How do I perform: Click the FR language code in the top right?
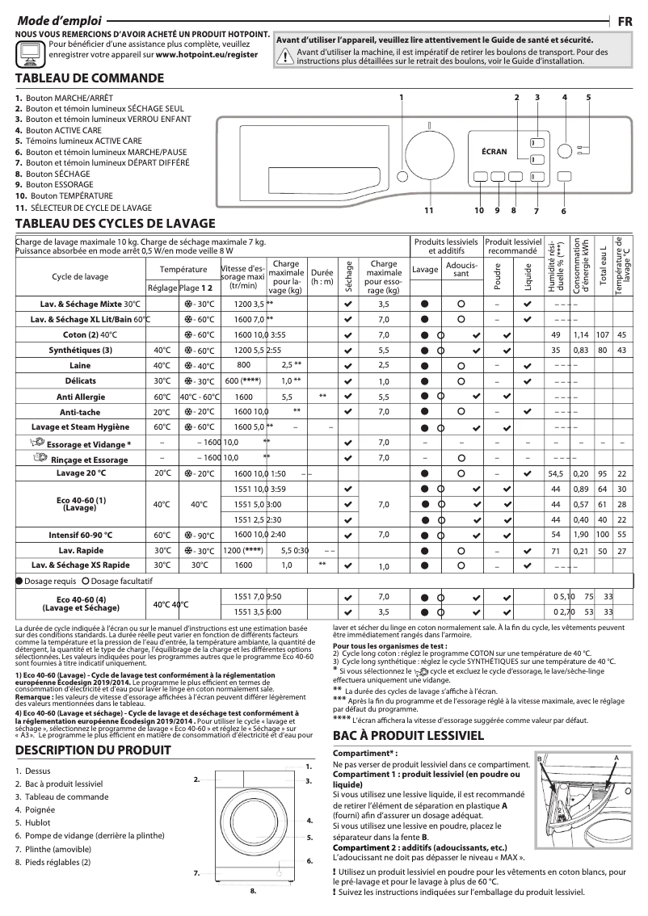[625, 22]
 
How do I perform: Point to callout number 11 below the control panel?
[428, 211]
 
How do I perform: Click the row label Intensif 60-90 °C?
[81, 535]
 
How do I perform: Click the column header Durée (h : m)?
[322, 277]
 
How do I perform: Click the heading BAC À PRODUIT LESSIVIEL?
[408, 736]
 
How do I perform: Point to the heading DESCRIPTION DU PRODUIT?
[93, 750]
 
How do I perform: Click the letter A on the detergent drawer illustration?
[616, 758]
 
